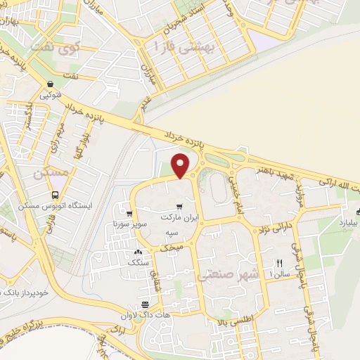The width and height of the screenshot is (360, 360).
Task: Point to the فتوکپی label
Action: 53,94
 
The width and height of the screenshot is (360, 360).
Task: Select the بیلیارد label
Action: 348,220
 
